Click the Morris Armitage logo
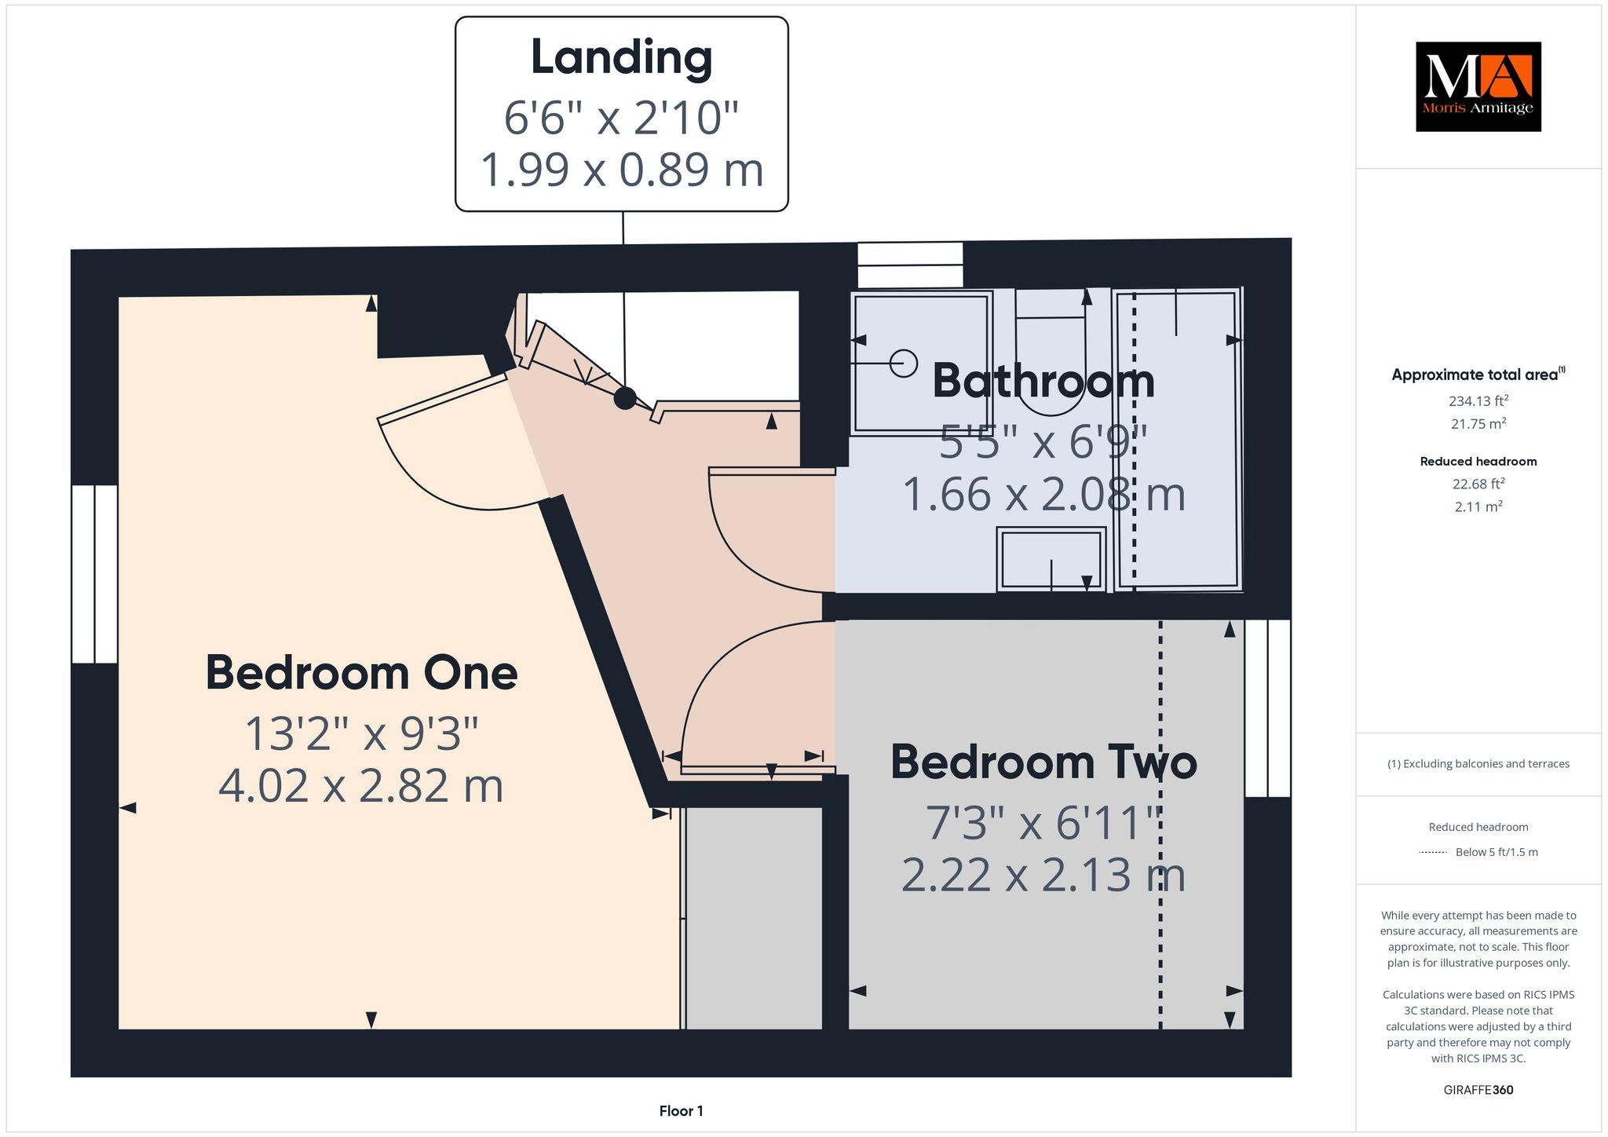click(1478, 86)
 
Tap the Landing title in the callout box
click(621, 58)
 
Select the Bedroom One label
click(361, 674)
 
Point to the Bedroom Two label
click(1043, 762)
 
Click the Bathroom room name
click(1043, 381)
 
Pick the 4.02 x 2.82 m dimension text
click(361, 786)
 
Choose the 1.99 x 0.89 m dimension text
click(621, 170)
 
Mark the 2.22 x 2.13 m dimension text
click(1043, 875)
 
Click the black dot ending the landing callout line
click(624, 398)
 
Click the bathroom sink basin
click(1051, 559)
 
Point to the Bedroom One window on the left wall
click(94, 574)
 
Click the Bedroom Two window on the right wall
click(1268, 708)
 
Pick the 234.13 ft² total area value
click(1478, 400)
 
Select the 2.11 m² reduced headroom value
click(1478, 506)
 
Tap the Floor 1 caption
click(681, 1111)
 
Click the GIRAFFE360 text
click(1478, 1090)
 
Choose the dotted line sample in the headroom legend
click(1432, 852)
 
